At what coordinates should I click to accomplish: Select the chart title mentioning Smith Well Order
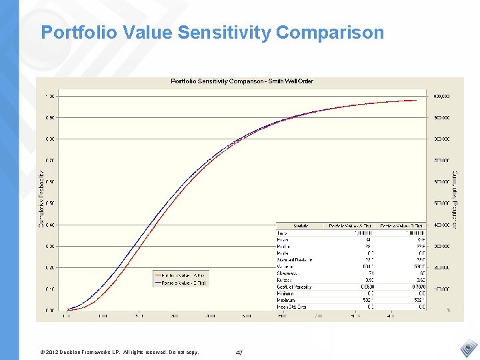pos(242,81)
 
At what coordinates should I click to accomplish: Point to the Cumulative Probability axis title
pos(41,199)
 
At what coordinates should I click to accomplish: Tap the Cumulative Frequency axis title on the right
pos(455,201)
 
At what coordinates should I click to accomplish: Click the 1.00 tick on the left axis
pos(49,96)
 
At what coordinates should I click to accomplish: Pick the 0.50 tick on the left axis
pos(49,203)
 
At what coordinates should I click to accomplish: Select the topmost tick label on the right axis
pos(441,96)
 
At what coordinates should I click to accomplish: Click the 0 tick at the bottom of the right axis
pos(447,311)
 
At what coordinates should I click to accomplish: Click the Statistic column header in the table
pos(301,226)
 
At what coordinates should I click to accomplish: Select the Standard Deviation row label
pos(294,259)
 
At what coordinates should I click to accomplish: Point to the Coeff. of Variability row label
pos(294,287)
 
